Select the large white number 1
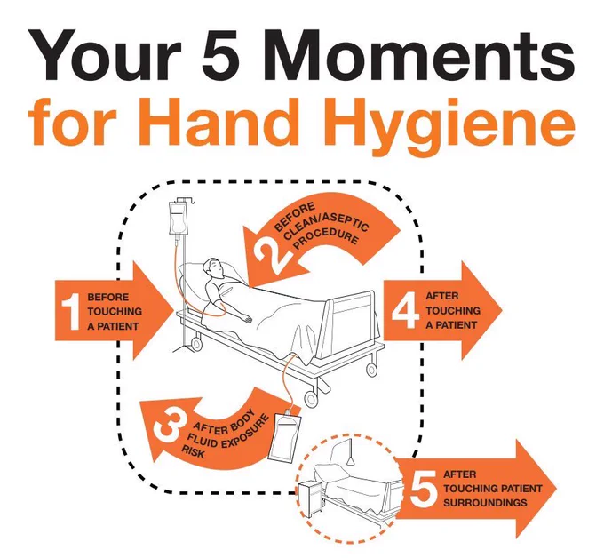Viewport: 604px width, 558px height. (70, 311)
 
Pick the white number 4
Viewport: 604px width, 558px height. (405, 311)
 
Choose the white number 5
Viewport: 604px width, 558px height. (424, 489)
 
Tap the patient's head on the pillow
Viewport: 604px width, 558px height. (213, 267)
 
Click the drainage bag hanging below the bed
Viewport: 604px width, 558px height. (284, 437)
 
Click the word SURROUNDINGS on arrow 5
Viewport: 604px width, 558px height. (485, 503)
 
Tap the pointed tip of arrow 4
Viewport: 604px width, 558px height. (502, 311)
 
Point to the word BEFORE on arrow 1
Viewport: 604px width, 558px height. (107, 297)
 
